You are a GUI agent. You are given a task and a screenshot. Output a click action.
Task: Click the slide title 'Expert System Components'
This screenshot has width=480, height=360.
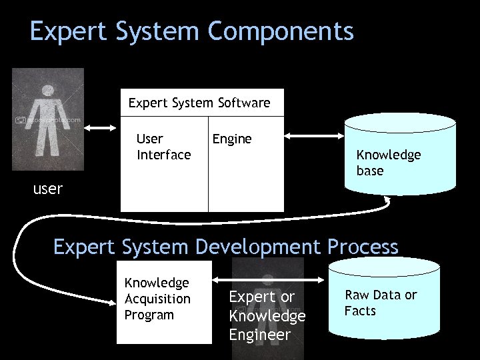coord(191,32)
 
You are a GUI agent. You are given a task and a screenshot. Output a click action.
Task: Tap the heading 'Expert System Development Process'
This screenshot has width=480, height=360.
coord(225,247)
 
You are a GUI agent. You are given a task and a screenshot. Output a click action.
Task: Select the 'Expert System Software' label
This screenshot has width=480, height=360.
coord(199,103)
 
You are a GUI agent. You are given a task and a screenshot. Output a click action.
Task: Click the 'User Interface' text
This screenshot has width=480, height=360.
coord(163,147)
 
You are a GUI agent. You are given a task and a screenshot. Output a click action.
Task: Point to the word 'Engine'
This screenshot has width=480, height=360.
coord(231,139)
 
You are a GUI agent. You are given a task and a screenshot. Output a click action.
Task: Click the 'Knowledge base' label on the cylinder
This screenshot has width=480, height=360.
coord(388,163)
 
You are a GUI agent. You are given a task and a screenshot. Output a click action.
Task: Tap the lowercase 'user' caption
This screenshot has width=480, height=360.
coord(48,189)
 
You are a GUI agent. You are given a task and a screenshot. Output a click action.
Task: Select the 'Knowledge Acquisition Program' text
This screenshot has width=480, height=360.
coord(157,299)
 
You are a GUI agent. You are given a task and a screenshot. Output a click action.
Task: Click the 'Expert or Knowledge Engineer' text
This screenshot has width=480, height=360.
coord(267,315)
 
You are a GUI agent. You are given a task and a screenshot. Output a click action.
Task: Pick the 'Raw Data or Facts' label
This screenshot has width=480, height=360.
coord(381,303)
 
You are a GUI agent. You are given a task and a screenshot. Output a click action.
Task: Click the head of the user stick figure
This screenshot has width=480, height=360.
coord(47,91)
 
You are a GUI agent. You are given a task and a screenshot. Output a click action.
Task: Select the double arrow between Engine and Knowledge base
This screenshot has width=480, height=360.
coord(314,136)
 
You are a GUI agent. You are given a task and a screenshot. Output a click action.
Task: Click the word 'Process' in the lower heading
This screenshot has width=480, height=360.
coord(363,247)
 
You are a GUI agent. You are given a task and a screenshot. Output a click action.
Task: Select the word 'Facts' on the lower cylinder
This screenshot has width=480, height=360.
coord(360,311)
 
